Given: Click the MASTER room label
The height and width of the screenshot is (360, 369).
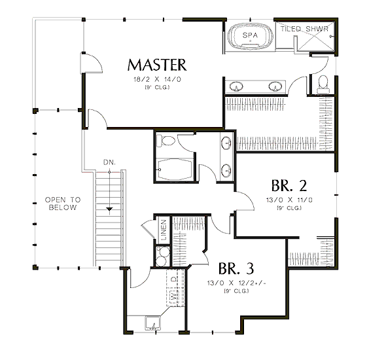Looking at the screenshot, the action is point(157,65).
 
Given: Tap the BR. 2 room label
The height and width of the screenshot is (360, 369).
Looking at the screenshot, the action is point(289,185).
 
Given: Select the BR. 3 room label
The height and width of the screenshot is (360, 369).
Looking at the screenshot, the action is point(236,268).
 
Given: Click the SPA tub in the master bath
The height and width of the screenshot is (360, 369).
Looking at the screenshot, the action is point(250,36).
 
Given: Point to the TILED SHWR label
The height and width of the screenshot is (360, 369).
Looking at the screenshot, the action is point(304,29).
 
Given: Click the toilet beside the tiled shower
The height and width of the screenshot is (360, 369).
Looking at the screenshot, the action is point(323,84).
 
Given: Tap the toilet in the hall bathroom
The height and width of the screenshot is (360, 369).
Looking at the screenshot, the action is point(166,141).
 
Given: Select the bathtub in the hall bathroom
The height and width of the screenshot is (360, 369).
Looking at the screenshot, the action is point(175,170).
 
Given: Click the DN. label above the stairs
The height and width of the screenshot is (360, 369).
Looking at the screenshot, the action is point(109,162).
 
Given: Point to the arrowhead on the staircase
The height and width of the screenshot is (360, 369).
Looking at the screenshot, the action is point(109,209).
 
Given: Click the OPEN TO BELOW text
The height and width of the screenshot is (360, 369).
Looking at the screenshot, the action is point(63,204).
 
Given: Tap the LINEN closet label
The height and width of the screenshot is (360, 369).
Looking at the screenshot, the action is point(164,230).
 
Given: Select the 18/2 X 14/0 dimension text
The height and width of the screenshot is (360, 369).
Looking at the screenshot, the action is point(157,79).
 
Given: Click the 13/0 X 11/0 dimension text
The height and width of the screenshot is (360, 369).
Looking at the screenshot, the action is point(289,200).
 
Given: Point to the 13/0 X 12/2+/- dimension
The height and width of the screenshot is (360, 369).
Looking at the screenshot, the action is point(236,283).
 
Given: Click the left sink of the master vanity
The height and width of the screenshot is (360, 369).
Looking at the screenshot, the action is point(236,86).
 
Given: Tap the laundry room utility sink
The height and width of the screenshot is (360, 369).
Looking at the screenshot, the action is point(153,323).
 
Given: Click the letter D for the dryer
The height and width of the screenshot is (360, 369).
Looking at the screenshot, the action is point(173,279).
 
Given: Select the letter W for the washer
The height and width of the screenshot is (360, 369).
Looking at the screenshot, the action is point(173,296).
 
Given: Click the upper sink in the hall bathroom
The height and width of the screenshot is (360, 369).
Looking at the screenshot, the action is point(226,143).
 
